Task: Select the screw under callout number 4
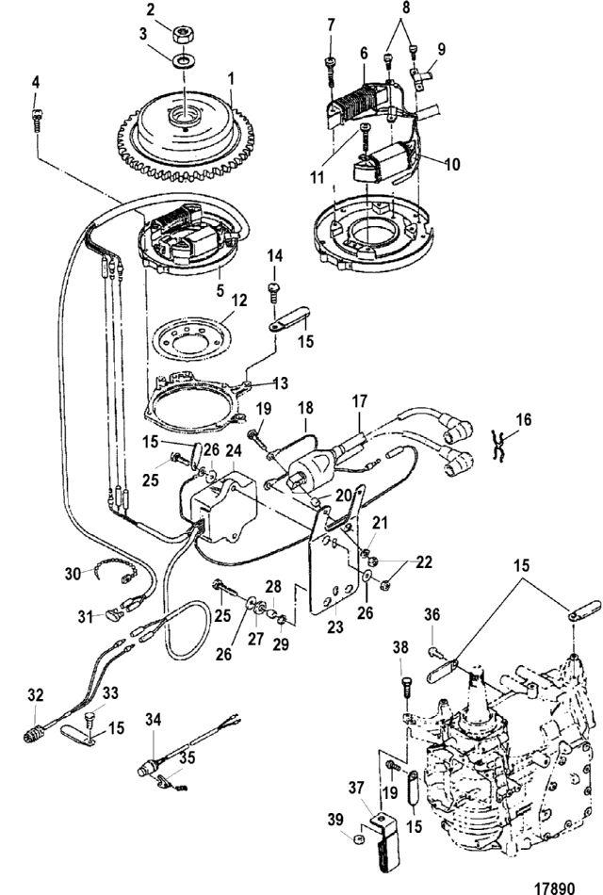36,121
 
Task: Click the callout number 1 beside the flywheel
231,79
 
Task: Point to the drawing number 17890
554,887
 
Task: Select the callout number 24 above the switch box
234,450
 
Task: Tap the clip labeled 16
499,447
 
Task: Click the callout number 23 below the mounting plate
335,626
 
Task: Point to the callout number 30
73,573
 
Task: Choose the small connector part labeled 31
114,615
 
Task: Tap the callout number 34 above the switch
153,719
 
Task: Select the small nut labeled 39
359,839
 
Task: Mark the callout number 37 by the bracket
356,789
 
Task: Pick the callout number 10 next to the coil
451,164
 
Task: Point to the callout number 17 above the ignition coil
359,401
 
